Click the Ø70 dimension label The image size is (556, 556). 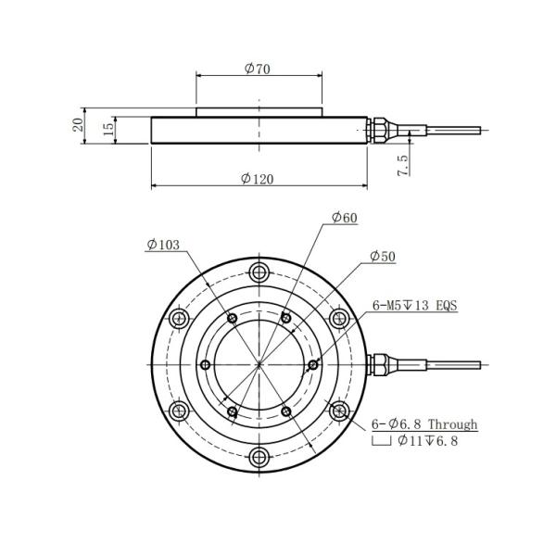[x=258, y=69]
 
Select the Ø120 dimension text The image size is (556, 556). [x=258, y=179]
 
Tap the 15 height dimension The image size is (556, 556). [x=108, y=128]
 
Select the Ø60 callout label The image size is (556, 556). [x=344, y=218]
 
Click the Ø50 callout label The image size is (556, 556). [x=382, y=256]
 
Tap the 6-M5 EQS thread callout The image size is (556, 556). [x=415, y=304]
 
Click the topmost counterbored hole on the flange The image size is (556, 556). [x=259, y=272]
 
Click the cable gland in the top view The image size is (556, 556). [x=380, y=362]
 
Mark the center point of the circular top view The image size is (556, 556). [x=259, y=363]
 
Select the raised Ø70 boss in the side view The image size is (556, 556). [x=259, y=112]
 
